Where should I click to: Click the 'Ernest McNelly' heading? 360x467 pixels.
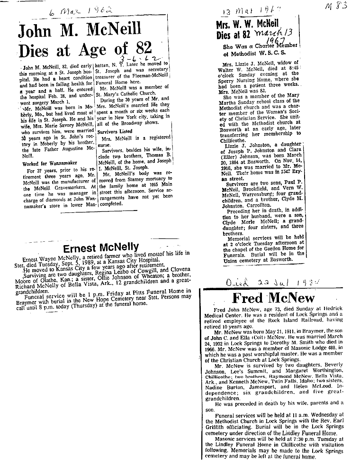coord(101,247)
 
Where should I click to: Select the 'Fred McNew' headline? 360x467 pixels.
coord(274,298)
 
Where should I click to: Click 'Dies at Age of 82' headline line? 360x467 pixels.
coord(85,50)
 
